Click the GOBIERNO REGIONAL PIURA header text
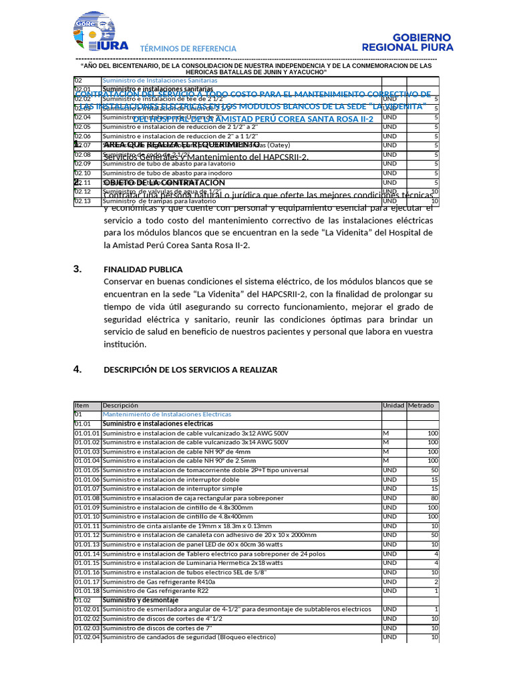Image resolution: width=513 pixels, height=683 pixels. click(x=407, y=42)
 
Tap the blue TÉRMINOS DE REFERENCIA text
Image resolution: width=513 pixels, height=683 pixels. click(x=188, y=49)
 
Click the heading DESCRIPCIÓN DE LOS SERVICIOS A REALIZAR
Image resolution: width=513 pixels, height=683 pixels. click(x=190, y=370)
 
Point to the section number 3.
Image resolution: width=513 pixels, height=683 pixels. click(x=77, y=269)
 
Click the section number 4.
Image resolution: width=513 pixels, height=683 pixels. click(x=77, y=369)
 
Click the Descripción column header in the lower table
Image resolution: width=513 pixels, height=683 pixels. click(x=120, y=406)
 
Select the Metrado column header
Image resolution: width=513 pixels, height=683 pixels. click(x=421, y=406)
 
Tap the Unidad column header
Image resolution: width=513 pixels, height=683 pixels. click(x=393, y=406)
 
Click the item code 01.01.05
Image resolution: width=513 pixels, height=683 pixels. click(x=87, y=470)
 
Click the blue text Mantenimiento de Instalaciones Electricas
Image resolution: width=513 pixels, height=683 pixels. click(x=167, y=414)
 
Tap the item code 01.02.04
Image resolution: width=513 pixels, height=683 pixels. click(x=87, y=638)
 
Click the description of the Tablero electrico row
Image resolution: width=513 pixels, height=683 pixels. click(x=214, y=554)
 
